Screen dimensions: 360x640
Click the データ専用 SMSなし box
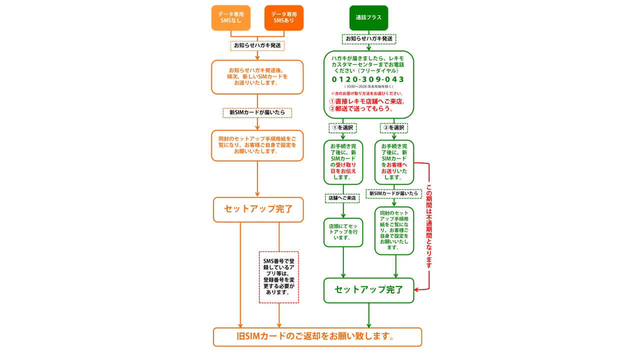230,18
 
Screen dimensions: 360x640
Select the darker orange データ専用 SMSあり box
283,18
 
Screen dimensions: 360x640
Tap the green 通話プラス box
368,17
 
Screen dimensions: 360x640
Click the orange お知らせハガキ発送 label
257,45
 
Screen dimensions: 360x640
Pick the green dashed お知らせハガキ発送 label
369,38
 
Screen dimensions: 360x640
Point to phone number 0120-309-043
368,79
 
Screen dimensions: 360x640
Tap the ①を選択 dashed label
343,128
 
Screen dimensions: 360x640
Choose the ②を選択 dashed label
394,128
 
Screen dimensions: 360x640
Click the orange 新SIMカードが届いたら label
257,112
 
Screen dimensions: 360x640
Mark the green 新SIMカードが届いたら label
394,193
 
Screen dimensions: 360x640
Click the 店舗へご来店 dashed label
342,198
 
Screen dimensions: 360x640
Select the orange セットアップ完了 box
258,209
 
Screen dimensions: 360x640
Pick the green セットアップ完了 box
368,290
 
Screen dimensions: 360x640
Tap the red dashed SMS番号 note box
279,277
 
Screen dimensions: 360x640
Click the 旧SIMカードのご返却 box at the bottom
317,336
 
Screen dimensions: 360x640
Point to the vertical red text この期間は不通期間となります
429,227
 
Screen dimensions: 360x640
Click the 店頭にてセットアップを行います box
343,232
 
